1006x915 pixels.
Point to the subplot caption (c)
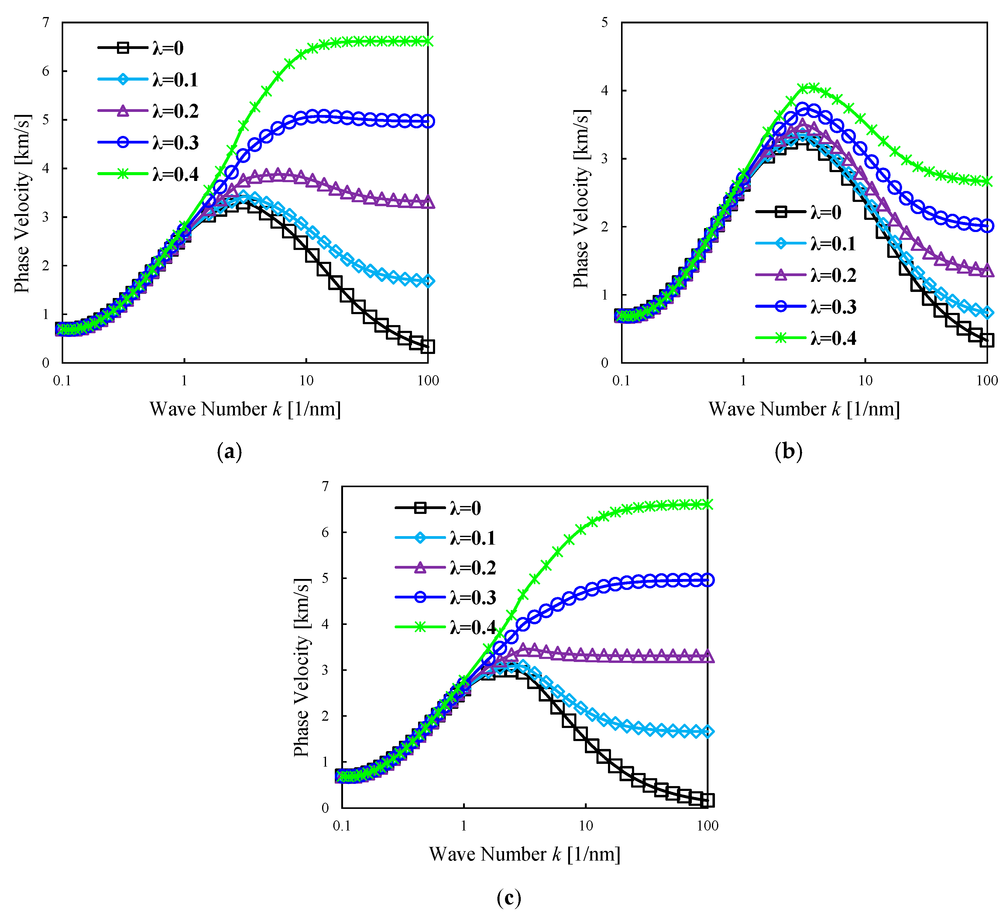(x=509, y=898)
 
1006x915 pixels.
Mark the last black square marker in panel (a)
(x=428, y=347)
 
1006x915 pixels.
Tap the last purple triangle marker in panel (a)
(x=428, y=202)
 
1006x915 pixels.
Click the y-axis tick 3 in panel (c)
(x=325, y=670)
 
